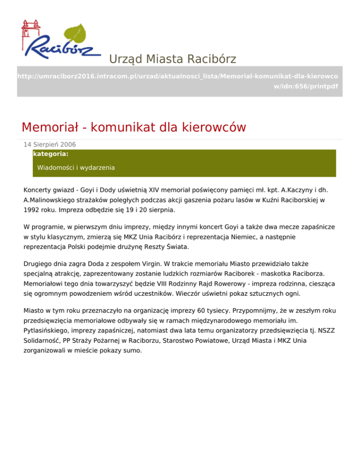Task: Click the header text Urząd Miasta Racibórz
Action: click(x=172, y=59)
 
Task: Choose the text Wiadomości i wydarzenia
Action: click(x=76, y=167)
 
